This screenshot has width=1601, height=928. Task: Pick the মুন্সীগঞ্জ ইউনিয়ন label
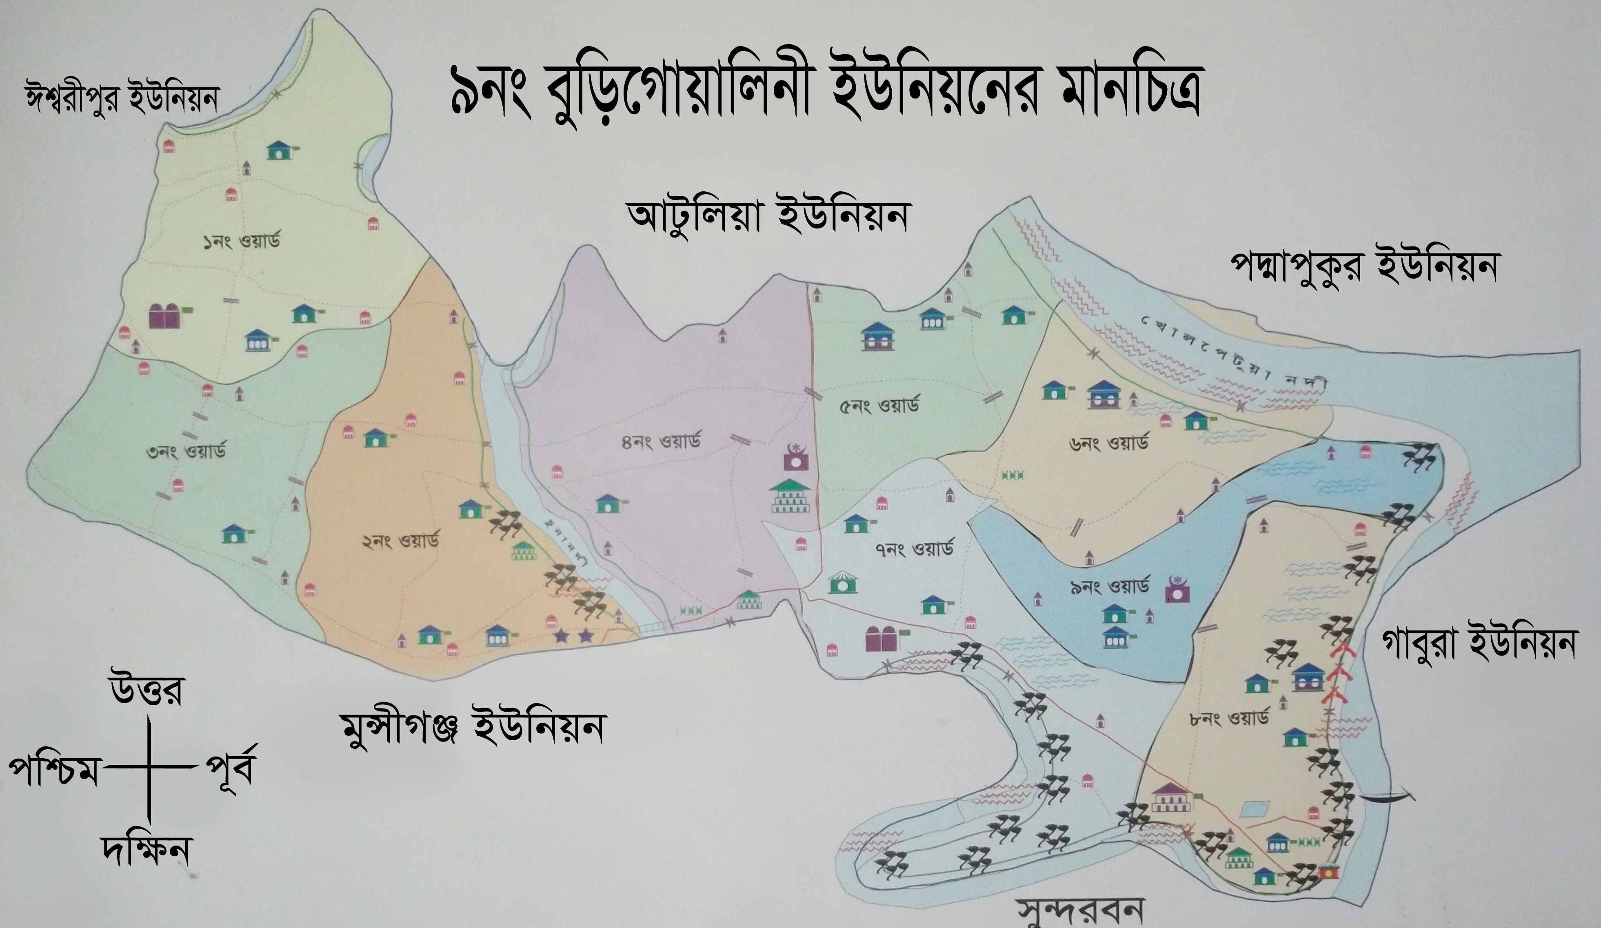click(x=471, y=728)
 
